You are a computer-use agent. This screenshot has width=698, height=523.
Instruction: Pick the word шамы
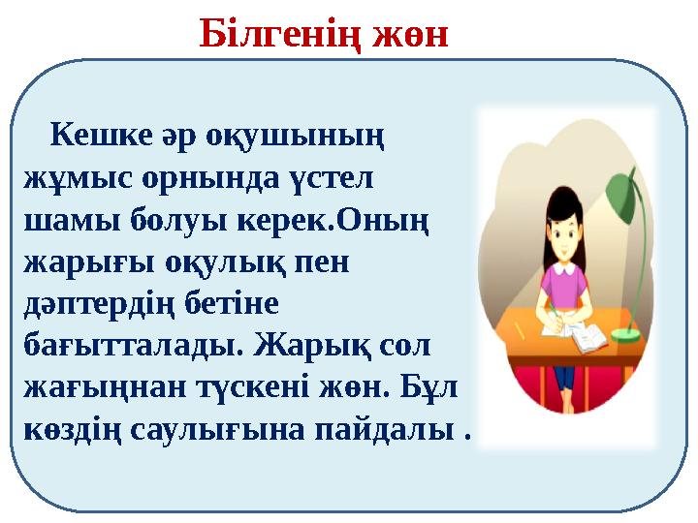(66, 222)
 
